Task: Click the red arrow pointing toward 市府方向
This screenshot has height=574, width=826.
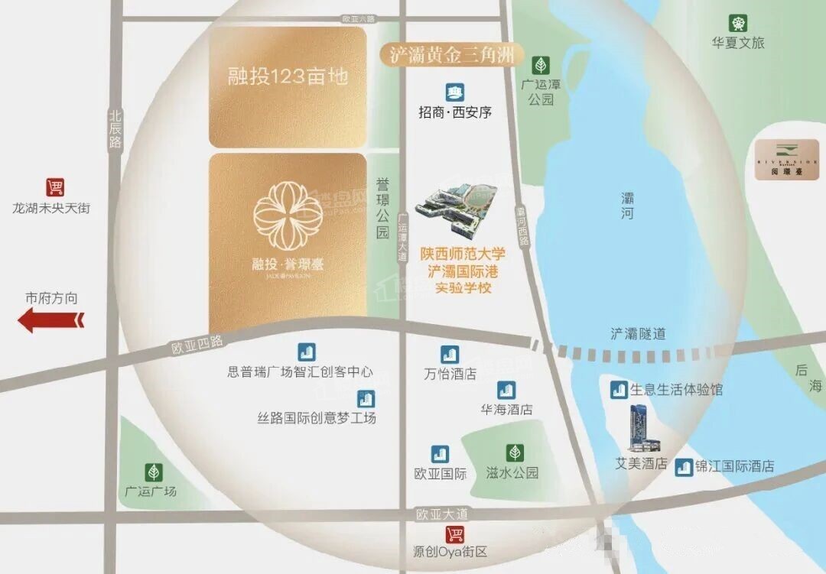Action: pos(51,319)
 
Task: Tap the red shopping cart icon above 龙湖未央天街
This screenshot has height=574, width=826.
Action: pos(54,187)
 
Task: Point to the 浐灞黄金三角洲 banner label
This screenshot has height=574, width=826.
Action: pos(452,55)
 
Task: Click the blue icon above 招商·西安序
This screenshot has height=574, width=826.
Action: pos(455,93)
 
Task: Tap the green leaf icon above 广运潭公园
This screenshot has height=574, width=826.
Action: pos(540,64)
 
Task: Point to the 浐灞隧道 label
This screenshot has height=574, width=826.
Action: pos(638,333)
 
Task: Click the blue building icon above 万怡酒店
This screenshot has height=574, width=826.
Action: pos(450,355)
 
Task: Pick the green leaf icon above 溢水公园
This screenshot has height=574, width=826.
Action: pos(512,452)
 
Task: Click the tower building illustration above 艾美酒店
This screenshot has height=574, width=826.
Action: pos(639,428)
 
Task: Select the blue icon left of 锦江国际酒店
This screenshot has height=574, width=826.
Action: pos(684,466)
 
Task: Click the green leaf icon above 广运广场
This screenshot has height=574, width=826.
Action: pos(153,472)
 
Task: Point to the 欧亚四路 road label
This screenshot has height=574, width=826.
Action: pos(197,345)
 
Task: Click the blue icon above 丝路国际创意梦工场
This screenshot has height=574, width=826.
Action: pos(366,398)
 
